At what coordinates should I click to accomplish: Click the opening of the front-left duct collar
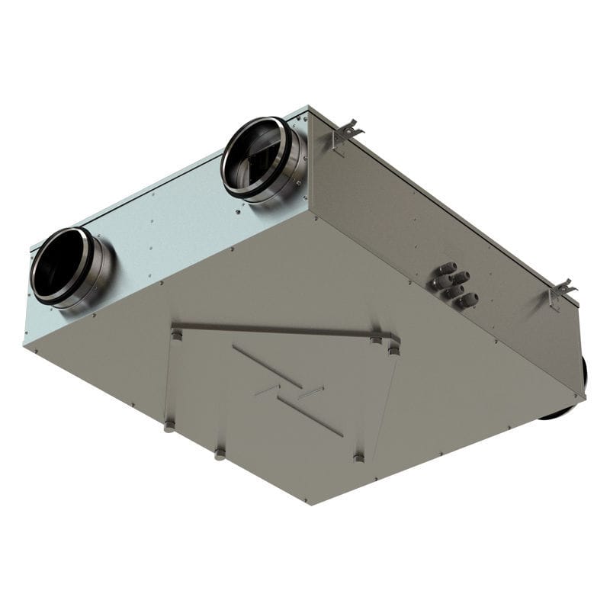(61, 266)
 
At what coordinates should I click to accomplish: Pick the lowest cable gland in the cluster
(467, 299)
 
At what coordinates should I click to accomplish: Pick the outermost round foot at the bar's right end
(393, 349)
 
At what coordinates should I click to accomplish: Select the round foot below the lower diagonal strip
(358, 457)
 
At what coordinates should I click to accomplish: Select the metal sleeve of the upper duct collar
(293, 164)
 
